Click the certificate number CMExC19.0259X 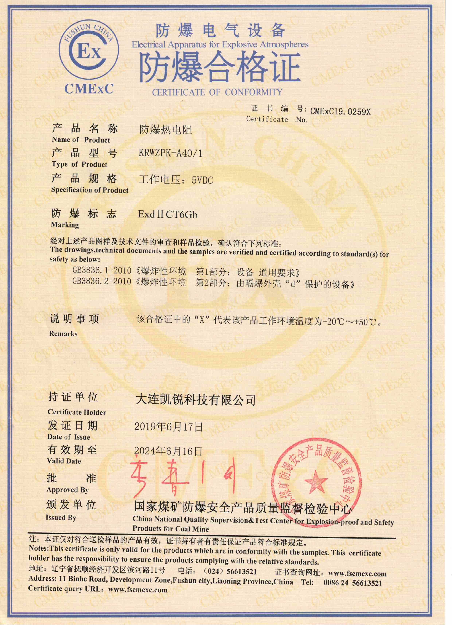pyautogui.click(x=340, y=111)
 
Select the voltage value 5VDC pyautogui.click(x=202, y=180)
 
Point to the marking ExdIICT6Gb pyautogui.click(x=167, y=214)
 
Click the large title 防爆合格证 pyautogui.click(x=219, y=68)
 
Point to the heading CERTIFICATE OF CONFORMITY pyautogui.click(x=217, y=92)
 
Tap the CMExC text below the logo pyautogui.click(x=89, y=89)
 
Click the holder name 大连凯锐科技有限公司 pyautogui.click(x=195, y=400)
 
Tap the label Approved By pyautogui.click(x=68, y=490)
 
